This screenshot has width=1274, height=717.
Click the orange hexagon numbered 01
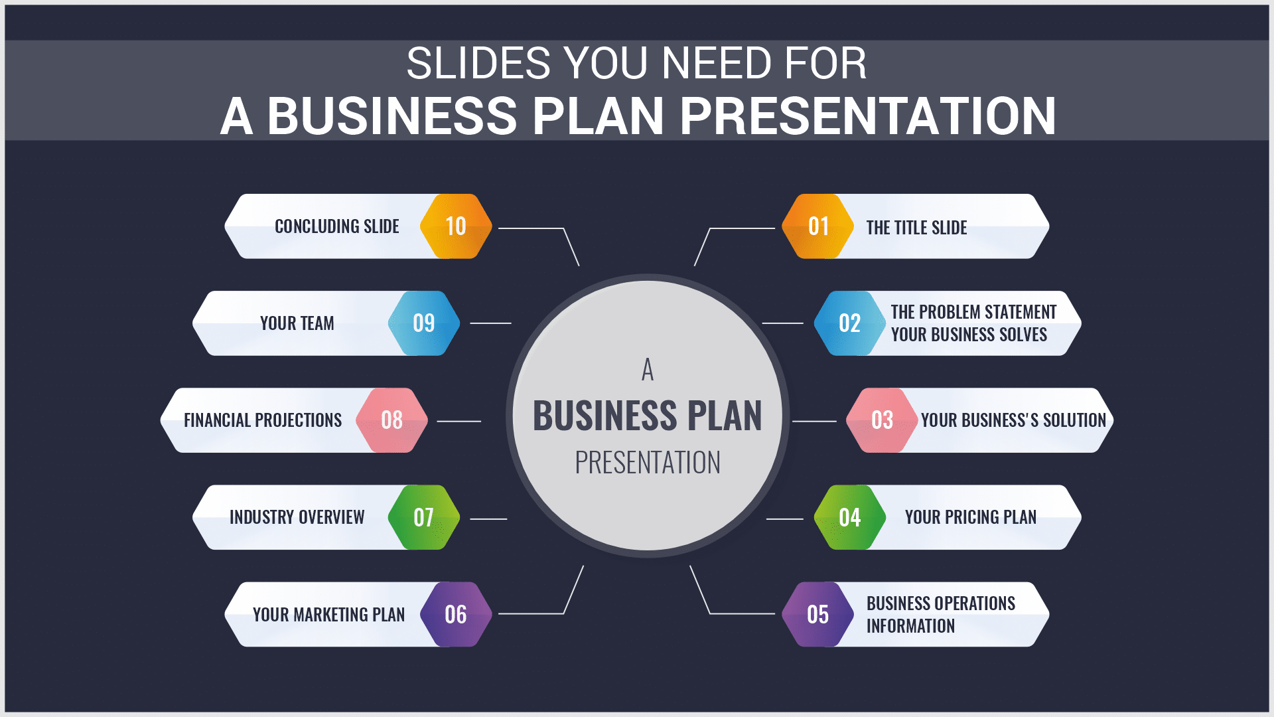pyautogui.click(x=817, y=226)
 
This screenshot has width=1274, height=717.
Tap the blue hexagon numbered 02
pyautogui.click(x=849, y=323)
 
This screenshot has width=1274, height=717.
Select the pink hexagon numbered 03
pyautogui.click(x=882, y=420)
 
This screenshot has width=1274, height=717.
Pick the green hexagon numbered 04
pyautogui.click(x=849, y=517)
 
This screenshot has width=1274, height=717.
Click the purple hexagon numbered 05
pyautogui.click(x=817, y=614)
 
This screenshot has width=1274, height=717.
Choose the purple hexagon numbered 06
pyautogui.click(x=456, y=614)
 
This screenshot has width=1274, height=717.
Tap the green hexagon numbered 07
pyautogui.click(x=424, y=517)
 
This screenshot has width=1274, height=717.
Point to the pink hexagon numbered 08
pyautogui.click(x=391, y=420)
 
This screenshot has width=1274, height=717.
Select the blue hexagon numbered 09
pyautogui.click(x=424, y=323)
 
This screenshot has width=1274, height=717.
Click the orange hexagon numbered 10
pyautogui.click(x=456, y=226)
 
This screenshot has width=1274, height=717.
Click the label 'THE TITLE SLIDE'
pyautogui.click(x=916, y=228)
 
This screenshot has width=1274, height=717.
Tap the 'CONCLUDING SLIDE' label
pyautogui.click(x=337, y=226)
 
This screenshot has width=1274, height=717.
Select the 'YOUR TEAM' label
pyautogui.click(x=297, y=323)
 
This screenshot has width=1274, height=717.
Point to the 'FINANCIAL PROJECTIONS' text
pyautogui.click(x=263, y=420)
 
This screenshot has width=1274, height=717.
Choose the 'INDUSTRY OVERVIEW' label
pyautogui.click(x=297, y=517)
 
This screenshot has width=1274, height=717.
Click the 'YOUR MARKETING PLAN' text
pyautogui.click(x=329, y=615)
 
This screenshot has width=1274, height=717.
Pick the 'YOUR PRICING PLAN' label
pyautogui.click(x=971, y=517)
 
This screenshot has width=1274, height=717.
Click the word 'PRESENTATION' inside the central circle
pyautogui.click(x=648, y=463)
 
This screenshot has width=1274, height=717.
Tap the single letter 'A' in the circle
pyautogui.click(x=648, y=370)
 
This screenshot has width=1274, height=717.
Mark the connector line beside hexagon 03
pyautogui.click(x=814, y=421)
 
